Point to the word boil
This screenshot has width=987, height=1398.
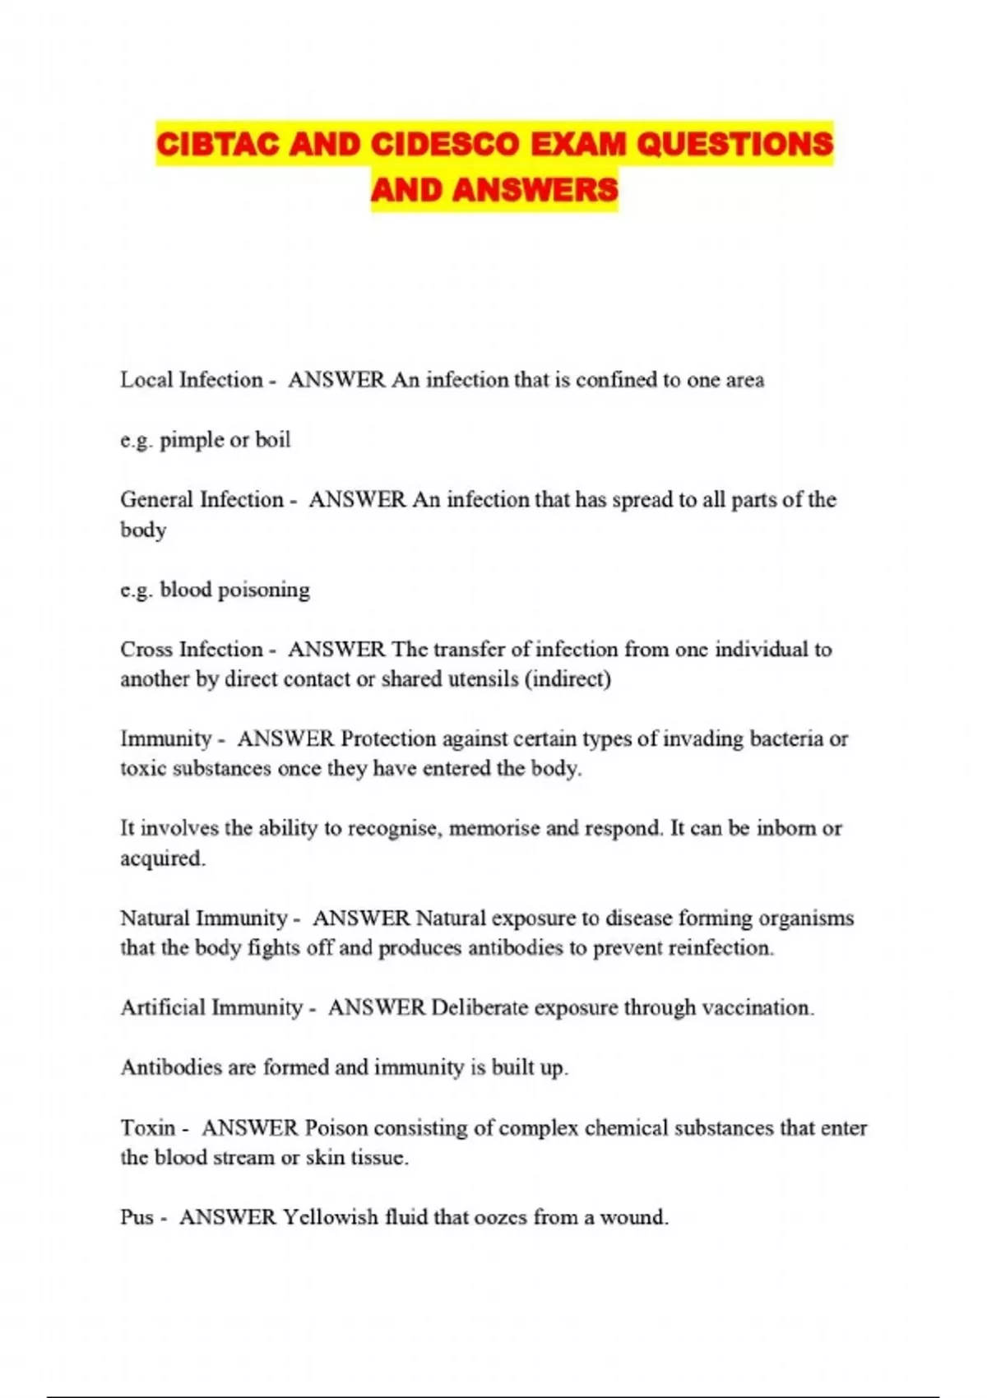click(x=272, y=440)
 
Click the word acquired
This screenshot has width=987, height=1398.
click(x=162, y=859)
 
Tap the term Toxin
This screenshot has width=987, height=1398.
click(x=148, y=1127)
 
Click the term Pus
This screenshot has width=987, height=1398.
click(x=137, y=1217)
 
